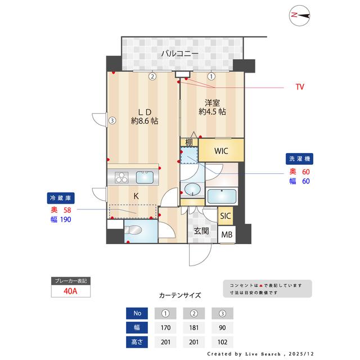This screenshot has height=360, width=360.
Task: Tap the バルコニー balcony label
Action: [179, 54]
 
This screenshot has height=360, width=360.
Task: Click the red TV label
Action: [300, 87]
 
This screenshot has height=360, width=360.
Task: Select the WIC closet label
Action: [220, 150]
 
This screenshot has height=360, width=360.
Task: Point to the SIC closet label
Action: [225, 216]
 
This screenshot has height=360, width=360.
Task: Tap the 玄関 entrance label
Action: [202, 231]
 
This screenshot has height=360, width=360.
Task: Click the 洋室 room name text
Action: [212, 103]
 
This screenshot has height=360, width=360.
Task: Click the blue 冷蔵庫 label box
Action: [61, 198]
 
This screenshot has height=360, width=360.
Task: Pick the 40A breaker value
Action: [70, 292]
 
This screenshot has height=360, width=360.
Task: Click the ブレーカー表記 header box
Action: [70, 281]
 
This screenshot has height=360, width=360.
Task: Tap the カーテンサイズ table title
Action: [179, 295]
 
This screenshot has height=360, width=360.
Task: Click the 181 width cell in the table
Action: [193, 327]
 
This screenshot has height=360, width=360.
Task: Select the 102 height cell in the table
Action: [222, 341]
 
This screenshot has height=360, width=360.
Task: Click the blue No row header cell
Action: [137, 313]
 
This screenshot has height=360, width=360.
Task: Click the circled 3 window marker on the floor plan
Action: [112, 120]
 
